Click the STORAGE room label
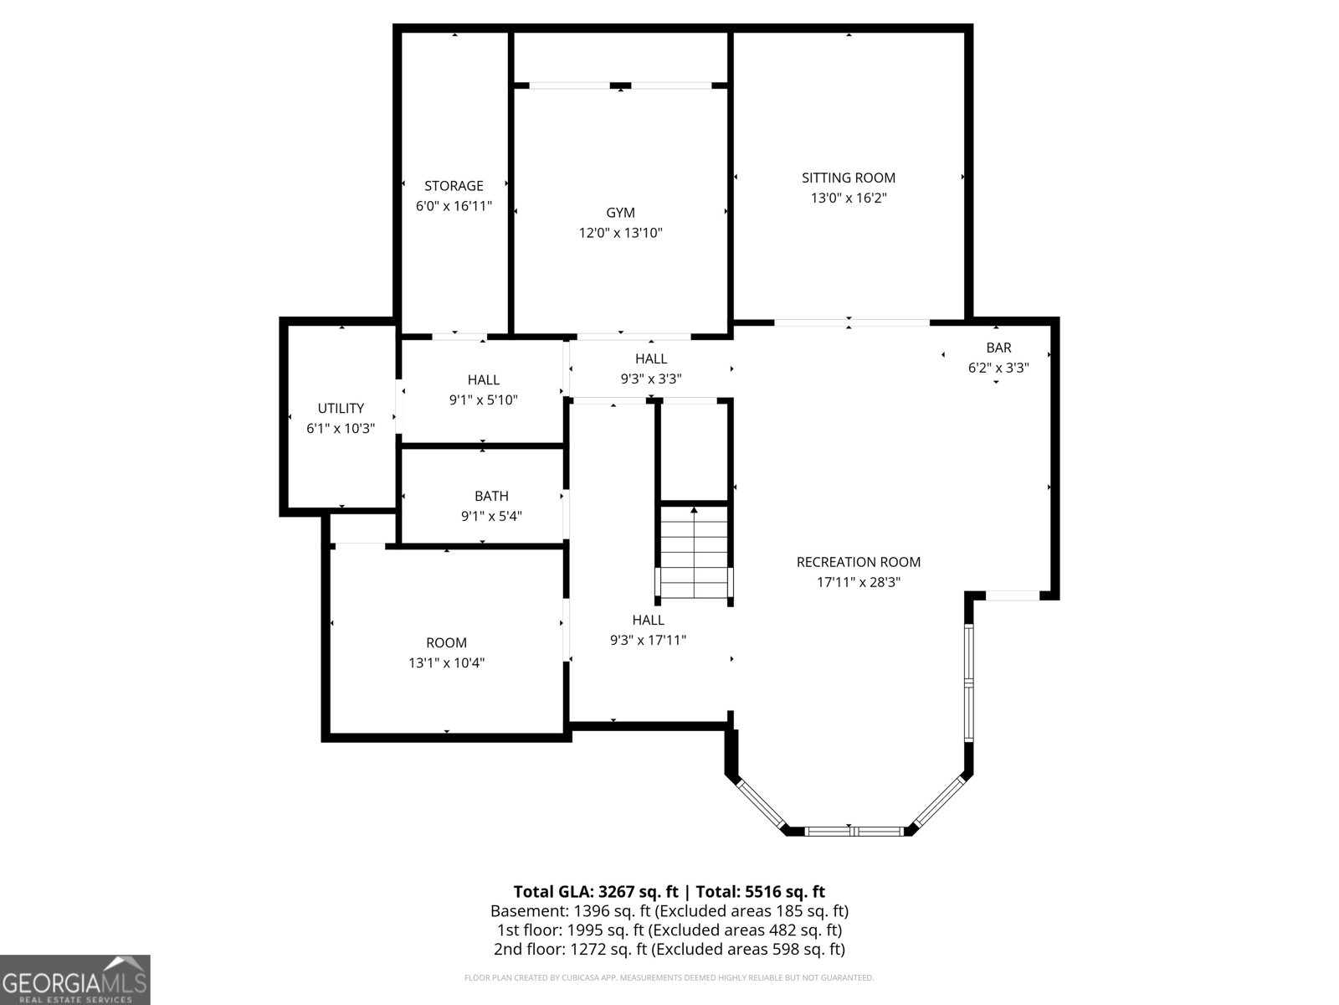[x=454, y=186]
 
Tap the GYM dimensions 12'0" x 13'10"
[x=620, y=233]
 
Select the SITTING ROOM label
[x=848, y=178]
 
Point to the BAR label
[x=998, y=348]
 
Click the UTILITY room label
[x=341, y=409]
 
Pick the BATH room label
[x=491, y=497]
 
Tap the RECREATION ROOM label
[x=858, y=562]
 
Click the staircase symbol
[x=694, y=553]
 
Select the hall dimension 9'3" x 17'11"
[x=648, y=641]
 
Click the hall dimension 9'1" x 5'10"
[x=483, y=400]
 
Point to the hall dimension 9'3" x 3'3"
[x=650, y=379]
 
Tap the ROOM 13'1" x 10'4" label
[x=446, y=643]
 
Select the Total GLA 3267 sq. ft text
[x=595, y=891]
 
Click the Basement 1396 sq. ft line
[x=669, y=910]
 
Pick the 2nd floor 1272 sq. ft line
[x=669, y=949]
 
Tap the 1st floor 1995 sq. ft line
[x=669, y=930]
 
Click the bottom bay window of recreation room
[x=854, y=831]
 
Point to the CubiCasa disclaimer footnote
[x=669, y=977]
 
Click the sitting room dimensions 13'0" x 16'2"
[x=848, y=198]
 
